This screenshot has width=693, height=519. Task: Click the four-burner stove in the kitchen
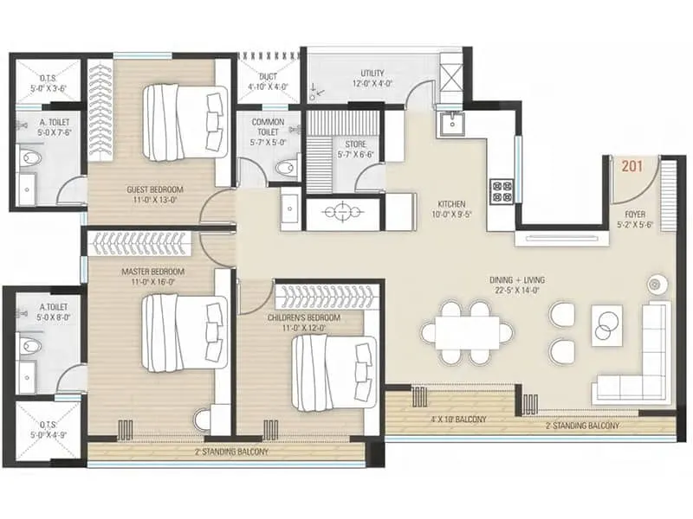(x=502, y=190)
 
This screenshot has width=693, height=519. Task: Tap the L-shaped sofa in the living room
(x=637, y=355)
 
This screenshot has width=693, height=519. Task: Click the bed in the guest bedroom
(x=184, y=122)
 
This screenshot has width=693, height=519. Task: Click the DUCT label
(x=268, y=80)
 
